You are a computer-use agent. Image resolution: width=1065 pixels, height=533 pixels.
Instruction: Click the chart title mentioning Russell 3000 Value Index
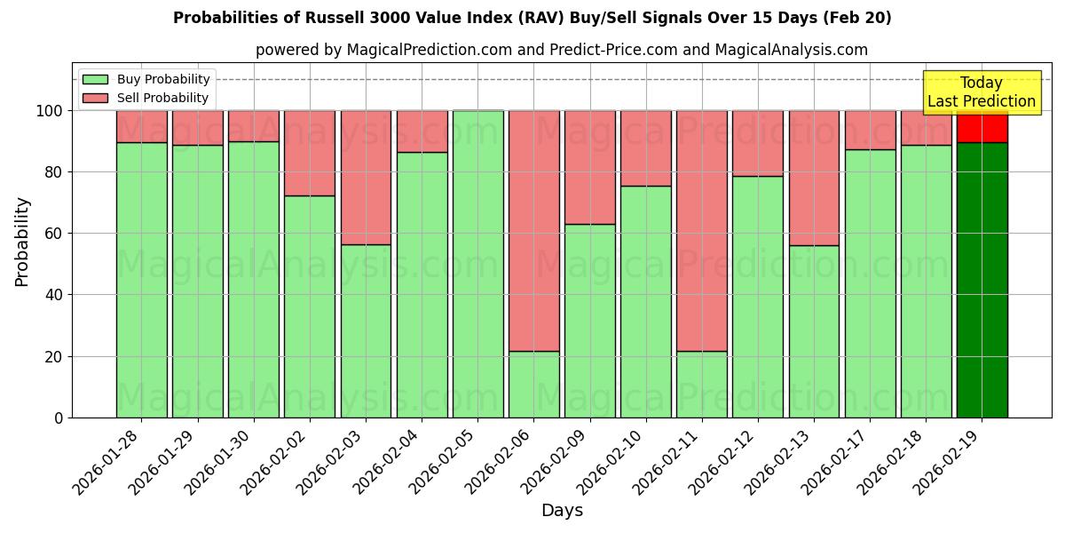[532, 18]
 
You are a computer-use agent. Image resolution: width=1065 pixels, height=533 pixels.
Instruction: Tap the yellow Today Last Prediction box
[981, 92]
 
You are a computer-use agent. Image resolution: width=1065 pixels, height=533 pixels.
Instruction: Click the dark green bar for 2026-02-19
[982, 280]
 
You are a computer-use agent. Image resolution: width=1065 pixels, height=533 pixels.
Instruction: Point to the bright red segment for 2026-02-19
[982, 127]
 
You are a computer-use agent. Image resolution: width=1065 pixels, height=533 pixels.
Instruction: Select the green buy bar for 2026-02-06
[533, 384]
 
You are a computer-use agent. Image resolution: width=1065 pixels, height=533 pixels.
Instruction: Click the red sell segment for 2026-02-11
[701, 231]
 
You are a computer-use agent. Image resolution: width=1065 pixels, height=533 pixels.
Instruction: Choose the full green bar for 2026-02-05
[477, 264]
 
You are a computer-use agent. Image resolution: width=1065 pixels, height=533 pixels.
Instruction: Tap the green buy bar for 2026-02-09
[589, 321]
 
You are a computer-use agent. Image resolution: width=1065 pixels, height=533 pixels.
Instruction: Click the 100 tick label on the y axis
[50, 111]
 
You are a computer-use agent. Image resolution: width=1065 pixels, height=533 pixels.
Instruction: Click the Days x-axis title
[562, 510]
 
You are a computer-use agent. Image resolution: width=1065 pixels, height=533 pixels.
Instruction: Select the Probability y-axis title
[22, 241]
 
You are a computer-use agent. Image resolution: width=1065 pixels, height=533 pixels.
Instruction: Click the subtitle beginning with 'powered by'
[562, 50]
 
